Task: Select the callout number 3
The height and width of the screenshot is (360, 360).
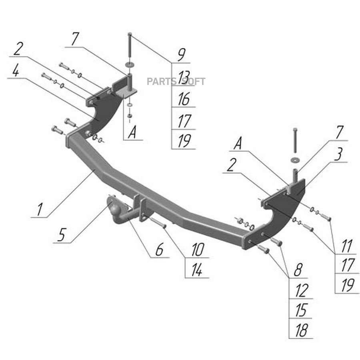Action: pyautogui.click(x=338, y=154)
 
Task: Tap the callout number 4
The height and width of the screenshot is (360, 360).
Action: pyautogui.click(x=15, y=70)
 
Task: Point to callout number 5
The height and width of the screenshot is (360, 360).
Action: pyautogui.click(x=61, y=235)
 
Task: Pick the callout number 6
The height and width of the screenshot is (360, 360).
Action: pyautogui.click(x=159, y=249)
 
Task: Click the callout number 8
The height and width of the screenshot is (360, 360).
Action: pyautogui.click(x=298, y=269)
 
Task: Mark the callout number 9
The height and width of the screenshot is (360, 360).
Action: pyautogui.click(x=182, y=55)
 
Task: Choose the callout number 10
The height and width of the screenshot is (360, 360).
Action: pyautogui.click(x=198, y=250)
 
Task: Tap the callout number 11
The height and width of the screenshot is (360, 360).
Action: pyautogui.click(x=346, y=246)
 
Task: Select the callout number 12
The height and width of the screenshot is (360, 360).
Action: pyautogui.click(x=301, y=290)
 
